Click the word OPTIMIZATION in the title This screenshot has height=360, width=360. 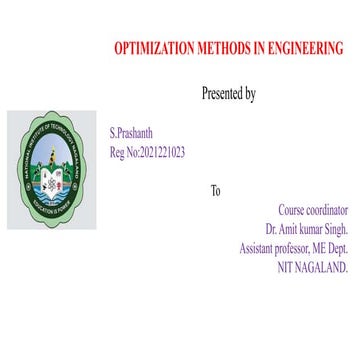[x=152, y=48]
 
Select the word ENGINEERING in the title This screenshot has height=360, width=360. [x=307, y=48]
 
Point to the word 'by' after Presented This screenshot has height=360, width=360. [x=250, y=94]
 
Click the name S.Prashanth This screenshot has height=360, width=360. [x=131, y=134]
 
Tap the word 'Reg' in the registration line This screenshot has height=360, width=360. [x=118, y=152]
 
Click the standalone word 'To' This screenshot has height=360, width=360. [x=215, y=191]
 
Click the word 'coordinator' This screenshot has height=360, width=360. [x=327, y=210]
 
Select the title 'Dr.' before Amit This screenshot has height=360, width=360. [x=286, y=229]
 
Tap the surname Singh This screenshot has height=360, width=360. [x=335, y=229]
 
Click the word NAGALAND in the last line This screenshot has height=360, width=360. [x=326, y=267]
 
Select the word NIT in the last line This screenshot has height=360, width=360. [x=285, y=267]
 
